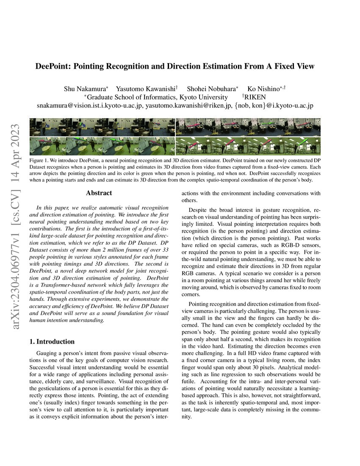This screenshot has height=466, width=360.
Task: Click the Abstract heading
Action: [99, 193]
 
